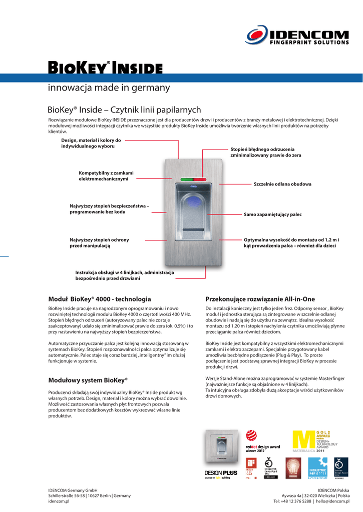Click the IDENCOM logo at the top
298,36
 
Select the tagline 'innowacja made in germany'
109,88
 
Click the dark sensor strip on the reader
193,233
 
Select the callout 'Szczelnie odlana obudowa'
282,184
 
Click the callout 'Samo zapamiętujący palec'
272,214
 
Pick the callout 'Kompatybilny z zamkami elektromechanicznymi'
106,175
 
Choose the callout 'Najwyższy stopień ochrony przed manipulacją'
99,242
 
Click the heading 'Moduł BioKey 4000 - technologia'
99,298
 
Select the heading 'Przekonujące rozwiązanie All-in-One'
260,298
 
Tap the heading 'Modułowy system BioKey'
88,379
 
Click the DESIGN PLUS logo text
220,472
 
